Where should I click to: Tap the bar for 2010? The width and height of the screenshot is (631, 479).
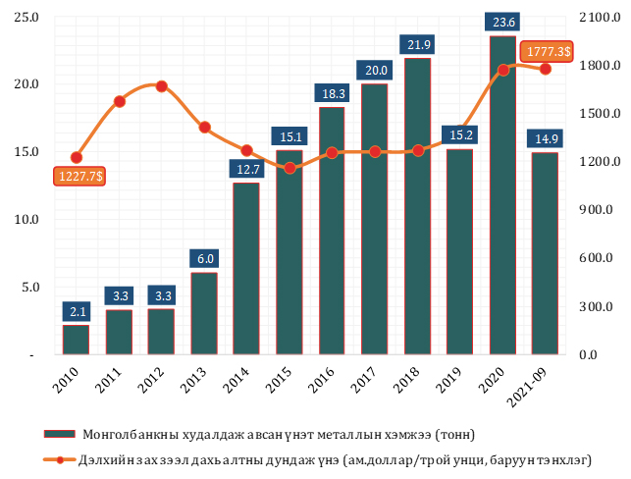[x=76, y=339]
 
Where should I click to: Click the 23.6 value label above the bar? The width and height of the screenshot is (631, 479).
[x=501, y=22]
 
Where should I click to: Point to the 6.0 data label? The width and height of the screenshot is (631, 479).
[x=203, y=259]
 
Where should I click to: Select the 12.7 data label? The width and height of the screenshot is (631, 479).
[x=245, y=170]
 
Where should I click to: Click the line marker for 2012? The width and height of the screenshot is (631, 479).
[x=161, y=86]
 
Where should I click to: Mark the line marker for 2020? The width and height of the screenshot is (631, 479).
[x=502, y=70]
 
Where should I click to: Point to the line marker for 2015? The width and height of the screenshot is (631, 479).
[x=289, y=168]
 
